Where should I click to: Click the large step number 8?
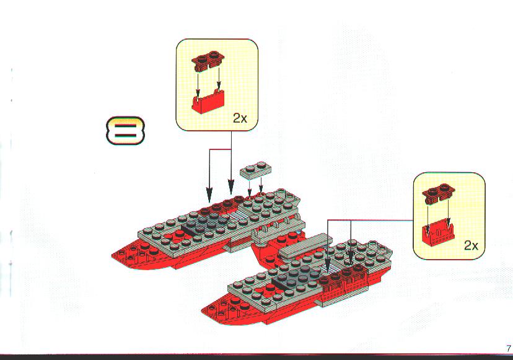[x=125, y=130]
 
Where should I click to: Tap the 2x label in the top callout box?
[x=240, y=118]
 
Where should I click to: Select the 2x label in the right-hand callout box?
[x=471, y=245]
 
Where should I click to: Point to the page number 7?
[x=508, y=348]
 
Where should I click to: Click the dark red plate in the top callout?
[x=208, y=61]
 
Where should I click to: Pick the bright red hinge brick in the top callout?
[x=208, y=102]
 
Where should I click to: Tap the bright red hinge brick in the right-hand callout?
[x=439, y=234]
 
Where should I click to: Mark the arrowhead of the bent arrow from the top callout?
[x=209, y=195]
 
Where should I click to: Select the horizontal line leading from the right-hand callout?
[x=370, y=220]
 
